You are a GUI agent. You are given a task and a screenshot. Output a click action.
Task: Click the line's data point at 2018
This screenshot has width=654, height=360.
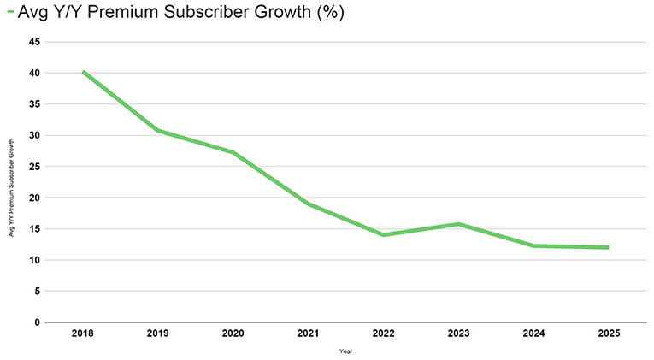coord(83,72)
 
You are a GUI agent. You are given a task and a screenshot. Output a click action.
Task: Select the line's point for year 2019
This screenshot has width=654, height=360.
coord(158,130)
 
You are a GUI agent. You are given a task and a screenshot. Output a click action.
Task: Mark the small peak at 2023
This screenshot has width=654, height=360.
coord(458,224)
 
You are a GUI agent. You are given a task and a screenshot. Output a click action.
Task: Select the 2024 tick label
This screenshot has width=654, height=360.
coord(533,332)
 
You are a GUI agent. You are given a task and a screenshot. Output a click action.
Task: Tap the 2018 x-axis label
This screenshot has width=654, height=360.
coord(83,332)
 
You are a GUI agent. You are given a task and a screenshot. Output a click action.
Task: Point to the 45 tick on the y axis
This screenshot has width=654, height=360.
coord(34,42)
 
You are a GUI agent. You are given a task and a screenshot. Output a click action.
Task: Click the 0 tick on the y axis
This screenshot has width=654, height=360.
coord(37,322)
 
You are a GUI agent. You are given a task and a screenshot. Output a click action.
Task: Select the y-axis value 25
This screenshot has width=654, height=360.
coord(34,167)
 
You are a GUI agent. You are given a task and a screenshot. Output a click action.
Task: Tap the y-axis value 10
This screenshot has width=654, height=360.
coord(34,260)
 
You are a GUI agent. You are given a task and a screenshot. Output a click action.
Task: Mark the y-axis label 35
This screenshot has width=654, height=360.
coord(34,104)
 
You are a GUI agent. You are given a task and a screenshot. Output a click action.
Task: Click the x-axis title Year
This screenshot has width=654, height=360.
coord(345,350)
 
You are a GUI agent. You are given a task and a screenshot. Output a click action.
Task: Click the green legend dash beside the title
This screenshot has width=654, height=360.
coord(10,12)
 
